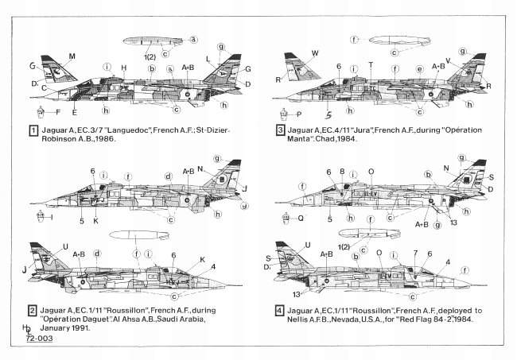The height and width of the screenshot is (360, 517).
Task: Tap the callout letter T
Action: pos(371,63)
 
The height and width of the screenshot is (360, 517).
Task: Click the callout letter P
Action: pos(299,114)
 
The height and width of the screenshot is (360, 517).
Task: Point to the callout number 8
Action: pos(342,171)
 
